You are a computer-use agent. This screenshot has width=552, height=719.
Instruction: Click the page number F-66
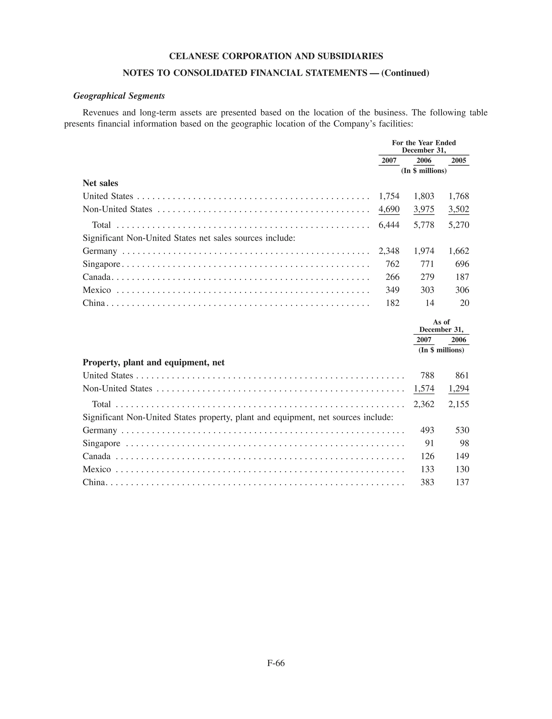pyautogui.click(x=276, y=663)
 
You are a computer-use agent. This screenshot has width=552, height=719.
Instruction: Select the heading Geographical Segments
pyautogui.click(x=119, y=96)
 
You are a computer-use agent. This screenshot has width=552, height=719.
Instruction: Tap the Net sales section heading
pyautogui.click(x=100, y=183)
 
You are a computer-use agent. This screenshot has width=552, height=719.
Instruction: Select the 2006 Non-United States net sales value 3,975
pyautogui.click(x=424, y=209)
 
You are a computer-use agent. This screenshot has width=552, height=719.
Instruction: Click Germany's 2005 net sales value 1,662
pyautogui.click(x=459, y=251)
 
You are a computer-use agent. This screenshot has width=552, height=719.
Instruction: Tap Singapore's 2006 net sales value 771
pyautogui.click(x=427, y=264)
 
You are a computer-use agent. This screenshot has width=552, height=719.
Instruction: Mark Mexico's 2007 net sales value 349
pyautogui.click(x=392, y=290)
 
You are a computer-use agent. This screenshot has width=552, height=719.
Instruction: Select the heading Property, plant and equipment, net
pyautogui.click(x=153, y=362)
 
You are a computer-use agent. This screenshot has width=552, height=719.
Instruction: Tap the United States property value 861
pyautogui.click(x=462, y=375)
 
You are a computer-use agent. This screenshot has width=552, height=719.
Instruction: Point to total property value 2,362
pyautogui.click(x=424, y=404)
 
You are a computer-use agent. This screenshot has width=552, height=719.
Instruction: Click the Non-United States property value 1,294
pyautogui.click(x=459, y=388)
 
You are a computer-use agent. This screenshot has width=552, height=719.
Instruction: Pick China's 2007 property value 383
pyautogui.click(x=427, y=482)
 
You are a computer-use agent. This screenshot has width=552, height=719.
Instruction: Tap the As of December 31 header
pyautogui.click(x=441, y=326)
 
